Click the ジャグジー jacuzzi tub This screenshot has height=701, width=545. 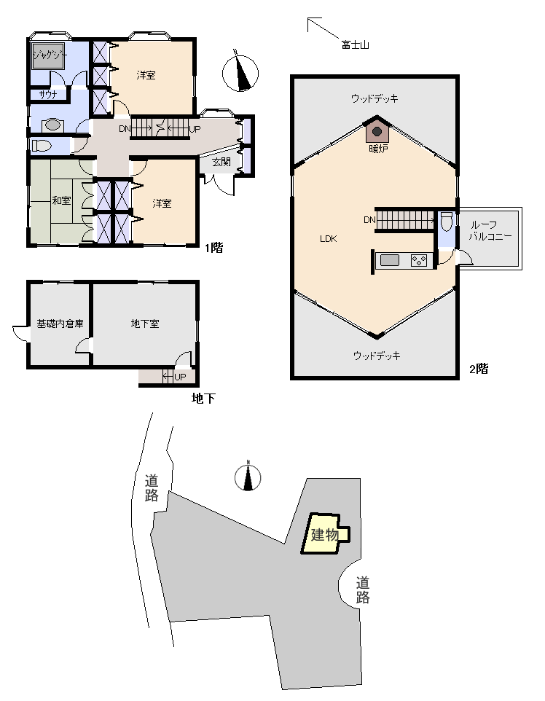(48, 56)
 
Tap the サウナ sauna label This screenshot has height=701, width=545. (48, 94)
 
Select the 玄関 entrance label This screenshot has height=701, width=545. (221, 162)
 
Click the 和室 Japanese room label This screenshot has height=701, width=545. (61, 200)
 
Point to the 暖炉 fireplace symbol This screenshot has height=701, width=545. (377, 131)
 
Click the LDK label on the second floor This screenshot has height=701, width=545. (328, 239)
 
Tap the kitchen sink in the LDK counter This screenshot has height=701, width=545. (389, 259)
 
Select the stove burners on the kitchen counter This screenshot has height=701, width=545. (419, 259)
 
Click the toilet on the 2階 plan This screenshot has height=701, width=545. (446, 222)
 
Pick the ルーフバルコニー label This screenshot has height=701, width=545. (490, 231)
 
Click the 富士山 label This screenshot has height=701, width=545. (355, 44)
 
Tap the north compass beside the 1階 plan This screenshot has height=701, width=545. (240, 72)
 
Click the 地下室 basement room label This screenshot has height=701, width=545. (145, 324)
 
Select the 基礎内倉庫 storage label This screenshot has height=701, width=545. (60, 324)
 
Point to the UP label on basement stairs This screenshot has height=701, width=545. (180, 377)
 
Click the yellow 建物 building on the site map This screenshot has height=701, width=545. (325, 534)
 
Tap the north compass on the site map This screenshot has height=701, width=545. (248, 477)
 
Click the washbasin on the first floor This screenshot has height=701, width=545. (52, 125)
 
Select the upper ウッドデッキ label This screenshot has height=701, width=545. (375, 98)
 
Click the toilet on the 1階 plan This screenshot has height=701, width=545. (41, 146)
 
